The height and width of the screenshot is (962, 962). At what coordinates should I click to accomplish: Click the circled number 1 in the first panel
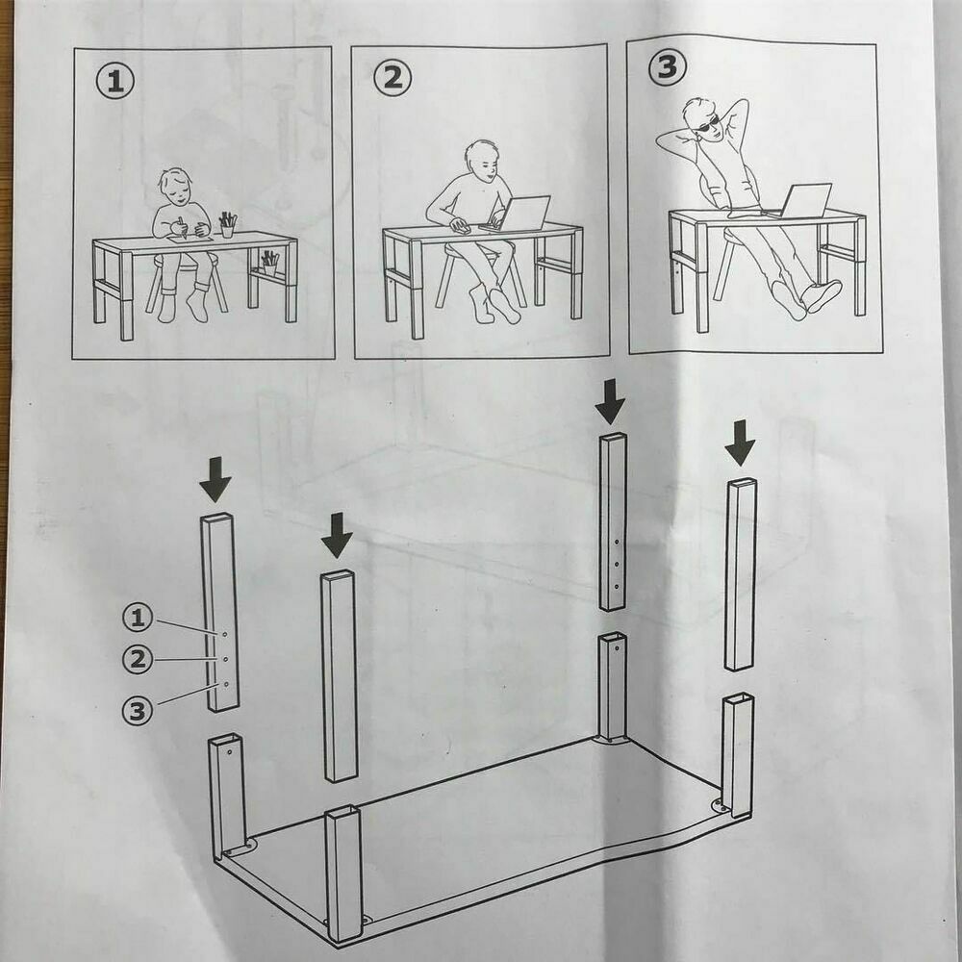point(114,82)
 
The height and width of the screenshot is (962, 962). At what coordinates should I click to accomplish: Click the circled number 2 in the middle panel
point(392,78)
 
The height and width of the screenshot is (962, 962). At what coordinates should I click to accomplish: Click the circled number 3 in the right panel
point(668,66)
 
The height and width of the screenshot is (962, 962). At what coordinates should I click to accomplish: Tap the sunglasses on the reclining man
point(707,126)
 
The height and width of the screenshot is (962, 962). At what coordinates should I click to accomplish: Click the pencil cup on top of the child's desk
point(228,225)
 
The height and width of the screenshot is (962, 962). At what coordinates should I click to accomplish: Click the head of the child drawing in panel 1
point(175,188)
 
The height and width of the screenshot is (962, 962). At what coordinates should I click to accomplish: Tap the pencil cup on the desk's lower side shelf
point(269,264)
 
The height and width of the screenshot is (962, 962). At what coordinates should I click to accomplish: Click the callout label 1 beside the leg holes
point(138,618)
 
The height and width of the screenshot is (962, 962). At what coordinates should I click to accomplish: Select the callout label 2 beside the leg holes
point(138,660)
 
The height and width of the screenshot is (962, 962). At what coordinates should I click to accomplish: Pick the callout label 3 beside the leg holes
point(138,711)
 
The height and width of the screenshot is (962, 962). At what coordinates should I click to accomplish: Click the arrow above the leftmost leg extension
point(215,479)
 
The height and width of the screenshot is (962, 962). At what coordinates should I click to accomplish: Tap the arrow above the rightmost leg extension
point(740,443)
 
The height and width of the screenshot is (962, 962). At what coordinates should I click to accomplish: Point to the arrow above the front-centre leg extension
point(337,536)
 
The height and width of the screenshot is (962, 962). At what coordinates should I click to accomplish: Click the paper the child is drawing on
point(190,239)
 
